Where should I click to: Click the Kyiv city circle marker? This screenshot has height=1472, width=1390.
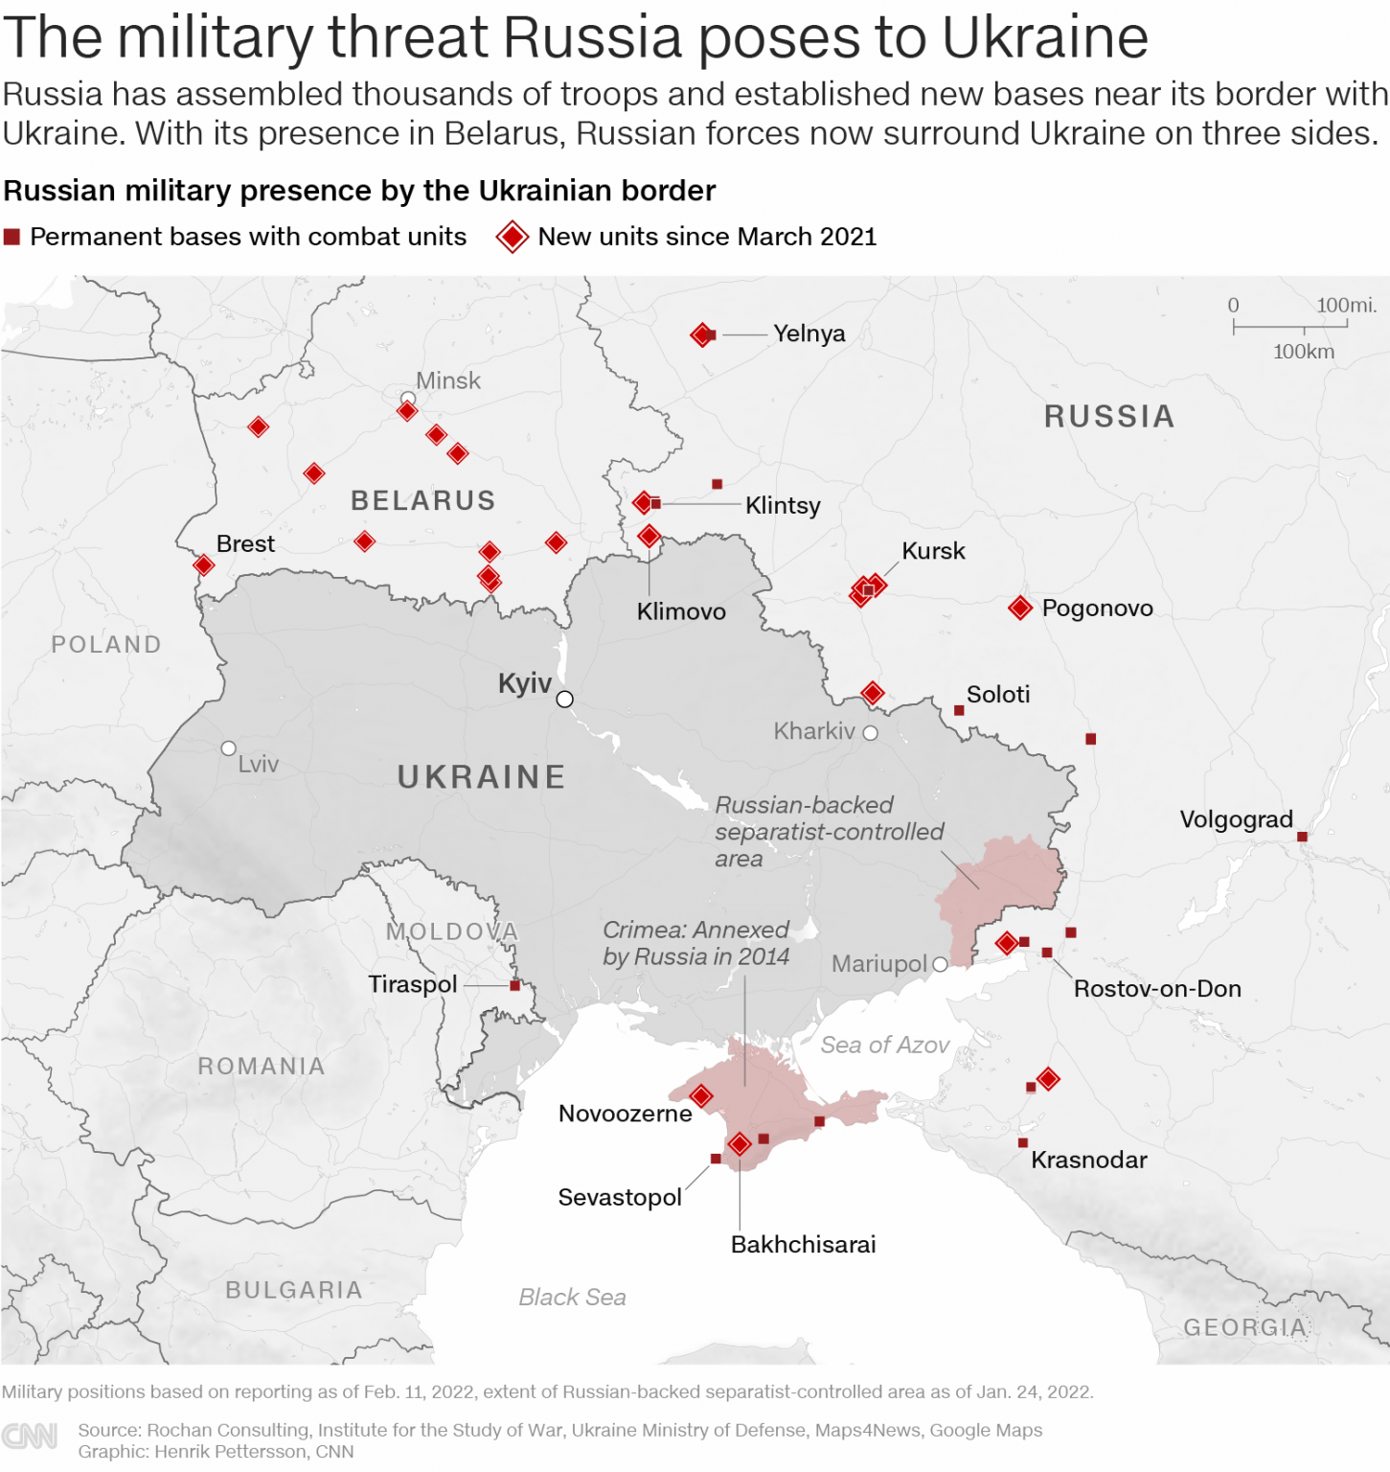click(565, 699)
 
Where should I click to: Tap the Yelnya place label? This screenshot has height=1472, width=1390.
click(809, 333)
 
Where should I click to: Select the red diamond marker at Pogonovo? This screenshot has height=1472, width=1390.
click(1020, 608)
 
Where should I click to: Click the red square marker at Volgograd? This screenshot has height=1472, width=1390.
click(1302, 837)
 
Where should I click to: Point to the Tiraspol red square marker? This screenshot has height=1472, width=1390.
click(514, 985)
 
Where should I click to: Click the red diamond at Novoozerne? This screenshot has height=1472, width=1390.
click(701, 1096)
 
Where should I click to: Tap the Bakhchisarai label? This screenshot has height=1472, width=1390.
click(803, 1244)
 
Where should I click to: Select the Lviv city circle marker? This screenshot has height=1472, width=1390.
click(228, 748)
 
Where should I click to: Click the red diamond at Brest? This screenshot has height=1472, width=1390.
click(203, 565)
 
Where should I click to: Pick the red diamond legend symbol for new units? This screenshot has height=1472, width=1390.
click(513, 237)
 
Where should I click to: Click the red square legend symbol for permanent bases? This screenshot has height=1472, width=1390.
click(11, 237)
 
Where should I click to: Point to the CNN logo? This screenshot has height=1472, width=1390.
click(30, 1436)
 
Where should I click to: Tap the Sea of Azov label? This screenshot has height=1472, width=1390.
click(884, 1045)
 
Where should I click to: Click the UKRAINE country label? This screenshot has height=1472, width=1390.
click(481, 776)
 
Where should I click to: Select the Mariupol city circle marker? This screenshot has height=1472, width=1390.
click(940, 964)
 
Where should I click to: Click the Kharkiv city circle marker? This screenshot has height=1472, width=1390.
click(870, 733)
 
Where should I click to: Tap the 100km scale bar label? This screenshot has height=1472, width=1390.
click(1303, 352)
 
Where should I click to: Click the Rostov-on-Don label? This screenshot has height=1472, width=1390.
click(1156, 988)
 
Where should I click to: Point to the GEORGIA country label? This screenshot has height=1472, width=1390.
click(1244, 1327)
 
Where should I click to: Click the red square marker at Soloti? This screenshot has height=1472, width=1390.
click(959, 710)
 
